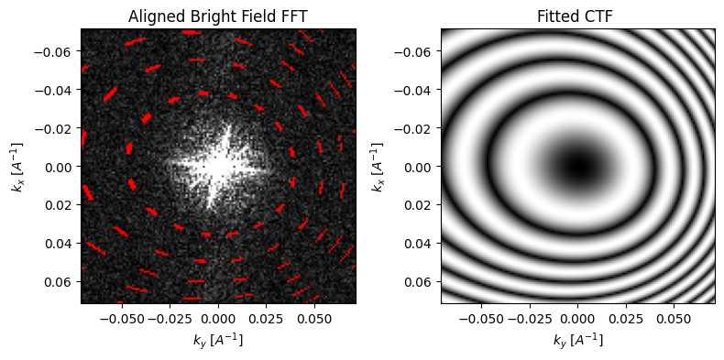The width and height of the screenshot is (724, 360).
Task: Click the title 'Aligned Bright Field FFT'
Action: click(218, 16)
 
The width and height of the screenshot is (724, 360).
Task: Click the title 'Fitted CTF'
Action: click(577, 16)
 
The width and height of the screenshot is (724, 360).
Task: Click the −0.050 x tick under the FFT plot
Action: click(122, 319)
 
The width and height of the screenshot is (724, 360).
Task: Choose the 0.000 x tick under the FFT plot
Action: click(218, 319)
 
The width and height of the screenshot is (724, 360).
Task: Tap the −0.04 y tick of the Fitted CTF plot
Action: click(415, 89)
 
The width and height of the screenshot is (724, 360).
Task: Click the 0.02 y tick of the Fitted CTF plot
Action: click(421, 204)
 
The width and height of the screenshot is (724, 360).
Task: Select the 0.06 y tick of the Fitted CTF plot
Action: click(421, 281)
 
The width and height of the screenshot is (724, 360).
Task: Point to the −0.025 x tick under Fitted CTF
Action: click(530, 319)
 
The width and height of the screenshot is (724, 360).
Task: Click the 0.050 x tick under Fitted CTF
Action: click(675, 319)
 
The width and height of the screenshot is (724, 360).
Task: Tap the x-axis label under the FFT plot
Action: click(218, 340)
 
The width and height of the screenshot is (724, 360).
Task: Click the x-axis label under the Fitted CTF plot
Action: click(577, 340)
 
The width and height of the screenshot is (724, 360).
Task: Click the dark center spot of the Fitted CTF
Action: click(577, 166)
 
